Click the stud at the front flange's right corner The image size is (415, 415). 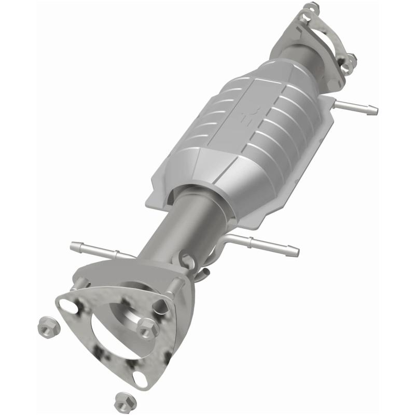click(x=179, y=283)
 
